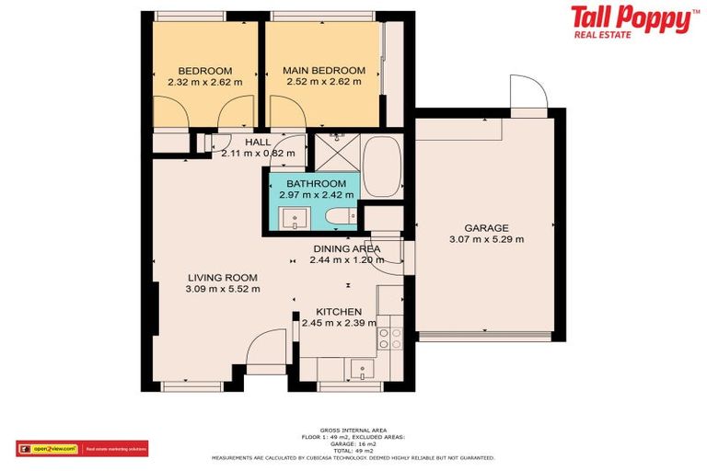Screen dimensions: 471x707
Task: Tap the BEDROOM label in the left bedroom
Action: [x=204, y=71]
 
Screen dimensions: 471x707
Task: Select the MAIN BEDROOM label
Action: [x=323, y=71]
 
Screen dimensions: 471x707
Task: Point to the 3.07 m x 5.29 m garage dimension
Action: [x=486, y=239]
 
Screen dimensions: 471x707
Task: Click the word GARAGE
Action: [x=486, y=228]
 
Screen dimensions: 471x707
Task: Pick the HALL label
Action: [x=258, y=142]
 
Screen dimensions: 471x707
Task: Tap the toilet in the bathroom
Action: [x=340, y=217]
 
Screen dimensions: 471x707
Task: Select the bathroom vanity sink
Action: [x=294, y=218]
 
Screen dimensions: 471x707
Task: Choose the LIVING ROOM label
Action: [x=222, y=278]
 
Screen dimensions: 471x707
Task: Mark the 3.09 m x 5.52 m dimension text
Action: [x=222, y=289]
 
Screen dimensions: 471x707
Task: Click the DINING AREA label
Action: [x=346, y=249]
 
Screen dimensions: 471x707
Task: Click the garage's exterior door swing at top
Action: [x=528, y=95]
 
